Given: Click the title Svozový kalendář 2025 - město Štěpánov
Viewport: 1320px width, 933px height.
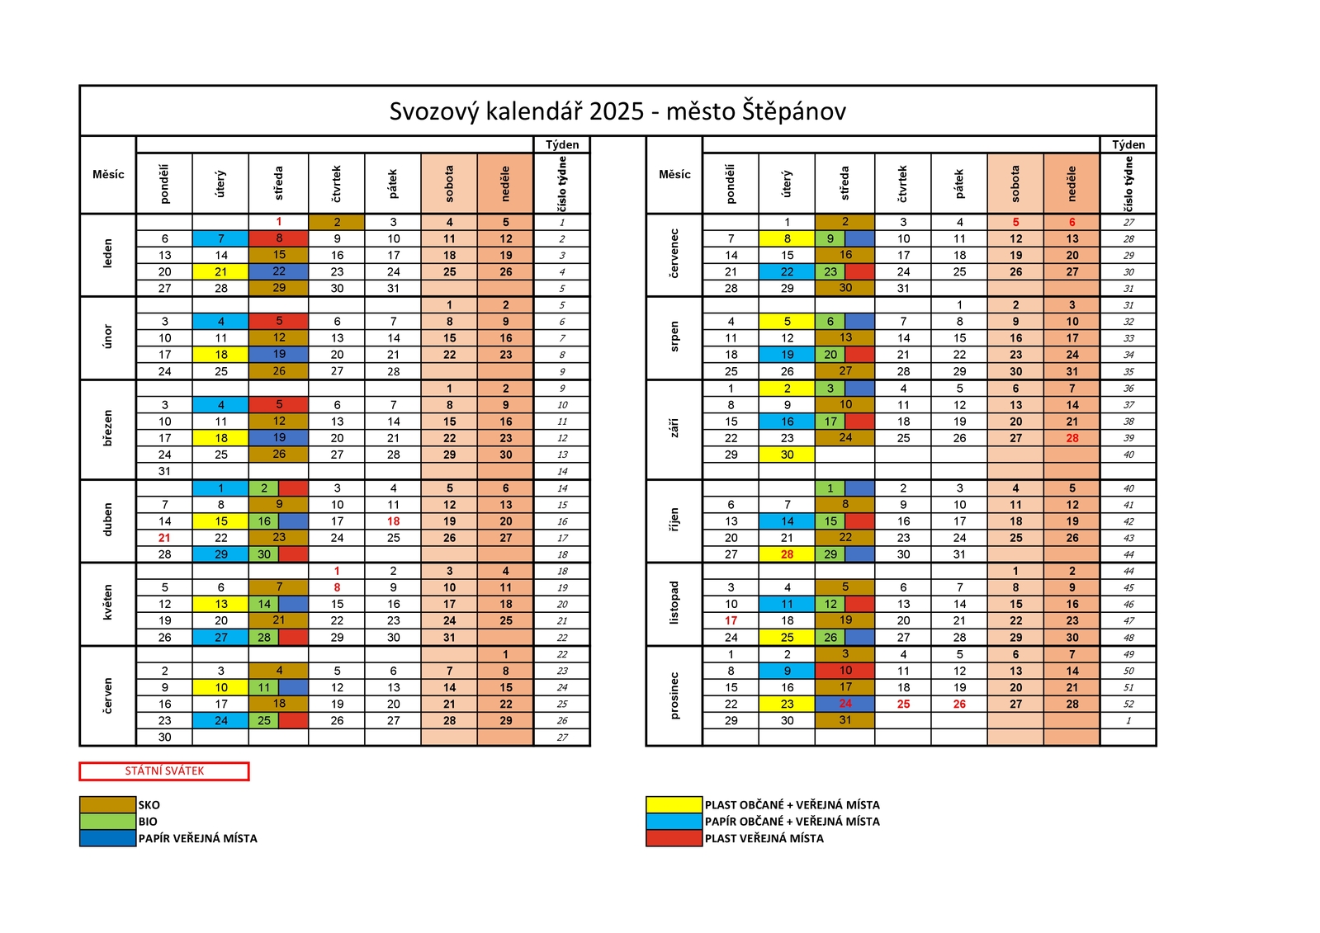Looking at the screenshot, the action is point(617,111).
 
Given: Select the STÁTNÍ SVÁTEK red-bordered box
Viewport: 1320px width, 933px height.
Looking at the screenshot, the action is point(164,771).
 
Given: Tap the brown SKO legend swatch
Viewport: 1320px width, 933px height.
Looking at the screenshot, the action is point(108,804).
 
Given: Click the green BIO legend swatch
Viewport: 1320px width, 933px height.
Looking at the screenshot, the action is point(108,821).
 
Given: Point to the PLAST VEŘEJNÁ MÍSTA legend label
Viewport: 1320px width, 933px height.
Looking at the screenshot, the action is point(764,838).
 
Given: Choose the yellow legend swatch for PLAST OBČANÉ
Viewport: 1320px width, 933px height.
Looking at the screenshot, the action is point(674,804).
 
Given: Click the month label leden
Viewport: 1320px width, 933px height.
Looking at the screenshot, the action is point(108,254).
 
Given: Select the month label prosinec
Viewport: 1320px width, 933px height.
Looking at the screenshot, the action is point(674,695).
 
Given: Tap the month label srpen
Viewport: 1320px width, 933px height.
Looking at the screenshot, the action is point(674,337).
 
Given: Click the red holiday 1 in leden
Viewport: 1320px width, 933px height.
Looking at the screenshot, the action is point(279,222).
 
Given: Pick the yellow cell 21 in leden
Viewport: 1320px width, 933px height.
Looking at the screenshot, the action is point(221,271).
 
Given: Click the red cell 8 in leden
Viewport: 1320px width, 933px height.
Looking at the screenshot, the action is point(279,238).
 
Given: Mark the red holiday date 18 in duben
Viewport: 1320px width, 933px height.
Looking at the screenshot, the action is point(394,521).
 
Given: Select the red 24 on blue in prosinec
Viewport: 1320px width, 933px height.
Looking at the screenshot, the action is point(845,704).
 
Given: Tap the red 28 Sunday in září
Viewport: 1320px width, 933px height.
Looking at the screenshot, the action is point(1072,438).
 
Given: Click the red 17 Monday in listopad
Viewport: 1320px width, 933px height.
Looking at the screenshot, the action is point(731,621).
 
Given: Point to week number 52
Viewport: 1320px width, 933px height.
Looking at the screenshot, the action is point(1128,704).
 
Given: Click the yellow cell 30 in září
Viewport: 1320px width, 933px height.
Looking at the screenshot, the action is point(788,455).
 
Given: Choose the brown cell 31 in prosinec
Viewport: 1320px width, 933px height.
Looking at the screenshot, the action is point(845,720).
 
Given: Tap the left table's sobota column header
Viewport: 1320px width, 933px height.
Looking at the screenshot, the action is point(449,184).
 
